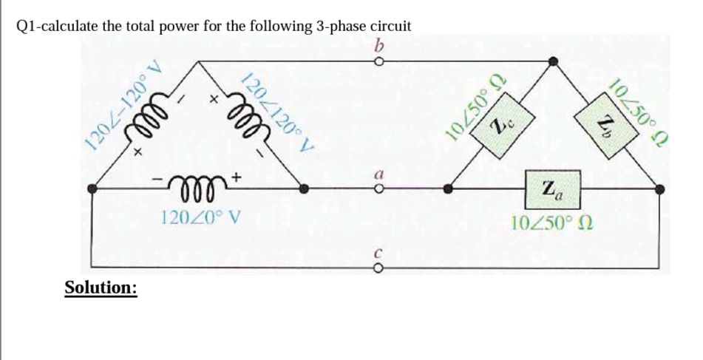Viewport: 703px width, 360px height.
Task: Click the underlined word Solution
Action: (x=101, y=287)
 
